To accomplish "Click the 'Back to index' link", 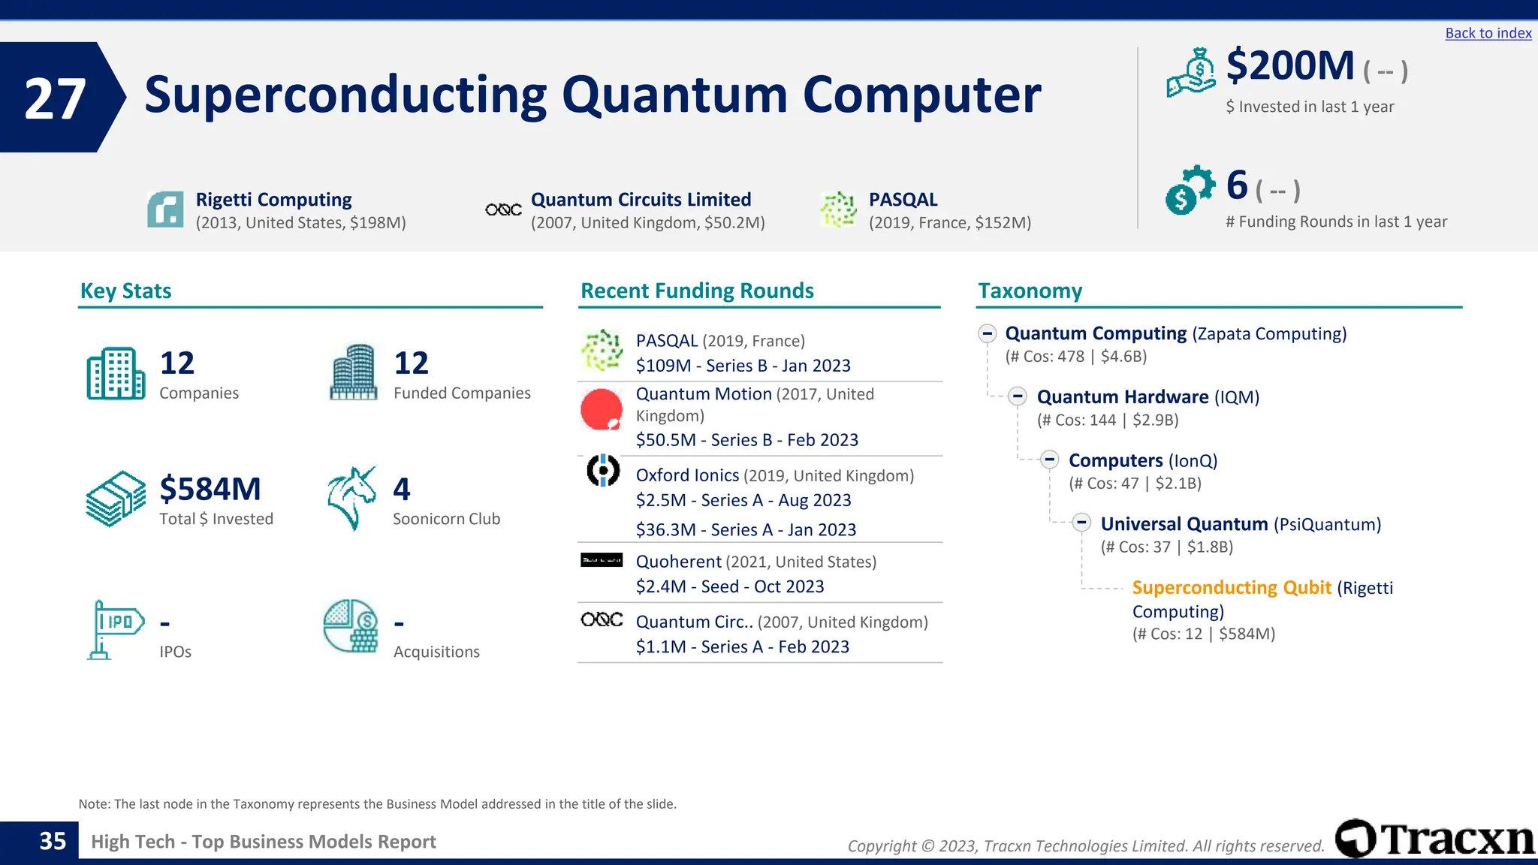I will click(x=1488, y=33).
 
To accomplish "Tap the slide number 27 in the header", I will click(x=55, y=98).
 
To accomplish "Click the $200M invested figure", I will click(x=1289, y=65).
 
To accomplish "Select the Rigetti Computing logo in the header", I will click(x=165, y=209).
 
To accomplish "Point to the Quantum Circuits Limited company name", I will click(x=641, y=200).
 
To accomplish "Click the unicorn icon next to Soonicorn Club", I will click(x=351, y=498).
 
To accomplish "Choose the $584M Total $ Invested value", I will click(x=210, y=489).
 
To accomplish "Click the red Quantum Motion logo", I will click(x=601, y=409).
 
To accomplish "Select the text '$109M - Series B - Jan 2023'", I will click(x=743, y=366).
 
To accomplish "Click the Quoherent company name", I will click(x=678, y=562).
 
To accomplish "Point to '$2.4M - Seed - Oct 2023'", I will click(x=729, y=586).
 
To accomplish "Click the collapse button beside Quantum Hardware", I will click(x=1018, y=396).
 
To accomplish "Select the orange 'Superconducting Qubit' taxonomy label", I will click(x=1231, y=588).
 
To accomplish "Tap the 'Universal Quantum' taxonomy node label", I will click(x=1184, y=524).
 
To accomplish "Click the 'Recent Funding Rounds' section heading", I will click(x=697, y=291).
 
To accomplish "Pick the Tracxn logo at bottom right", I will click(x=1434, y=839).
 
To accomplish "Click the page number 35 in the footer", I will click(x=53, y=841).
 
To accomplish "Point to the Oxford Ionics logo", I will click(x=602, y=471).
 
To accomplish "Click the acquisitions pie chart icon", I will click(x=351, y=626).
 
